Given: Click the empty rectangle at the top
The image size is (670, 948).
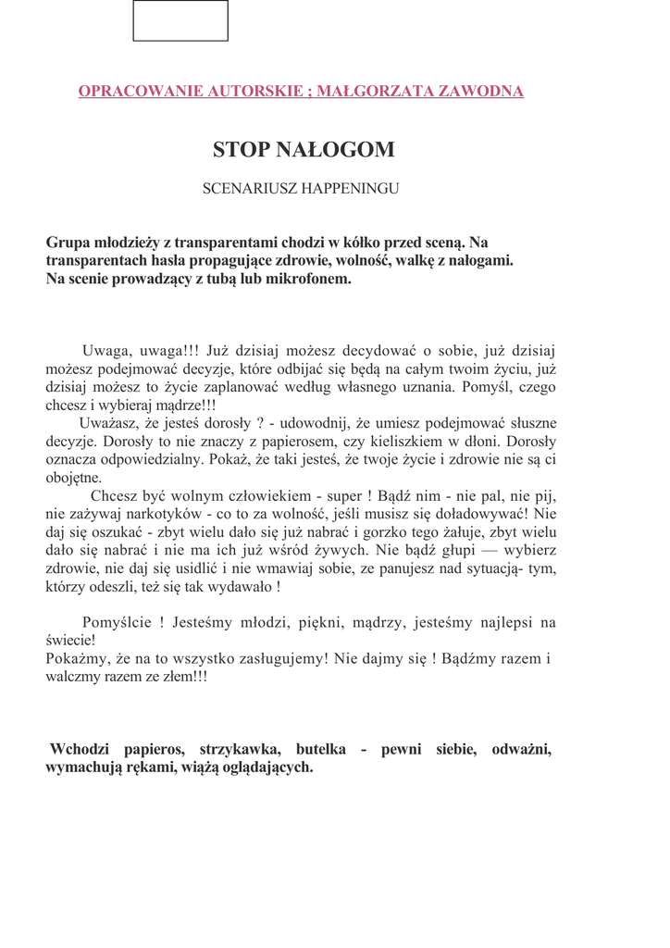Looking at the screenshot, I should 180,21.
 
